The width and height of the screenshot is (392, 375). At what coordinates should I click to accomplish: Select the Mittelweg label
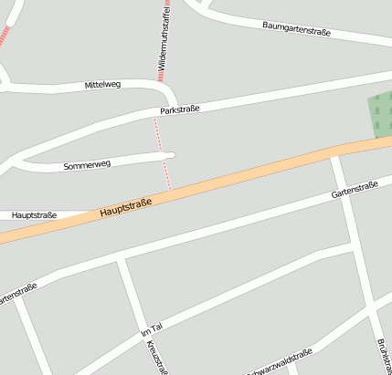click(102, 84)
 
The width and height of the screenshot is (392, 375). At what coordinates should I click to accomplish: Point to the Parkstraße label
click(179, 109)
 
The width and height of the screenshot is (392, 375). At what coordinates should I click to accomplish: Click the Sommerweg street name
click(87, 165)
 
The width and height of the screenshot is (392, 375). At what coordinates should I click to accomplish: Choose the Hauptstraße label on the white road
click(36, 215)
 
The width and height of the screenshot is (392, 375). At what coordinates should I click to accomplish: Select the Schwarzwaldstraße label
click(280, 362)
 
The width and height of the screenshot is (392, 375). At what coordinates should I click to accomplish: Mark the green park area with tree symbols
click(378, 115)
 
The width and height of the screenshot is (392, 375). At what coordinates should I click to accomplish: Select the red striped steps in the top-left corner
click(5, 35)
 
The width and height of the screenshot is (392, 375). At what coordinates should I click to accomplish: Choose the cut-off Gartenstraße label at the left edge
click(16, 295)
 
